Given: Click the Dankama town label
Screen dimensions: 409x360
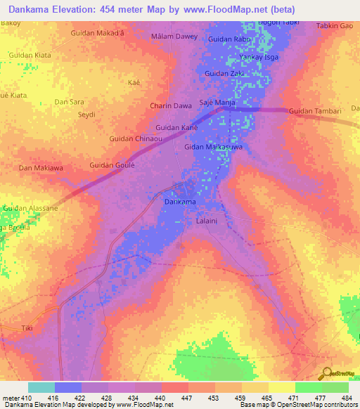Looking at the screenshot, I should (179, 202).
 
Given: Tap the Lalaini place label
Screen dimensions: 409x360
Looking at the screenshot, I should (208, 220).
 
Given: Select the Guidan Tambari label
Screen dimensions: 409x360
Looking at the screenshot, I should (314, 111).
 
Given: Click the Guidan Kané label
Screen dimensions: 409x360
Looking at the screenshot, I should (176, 127).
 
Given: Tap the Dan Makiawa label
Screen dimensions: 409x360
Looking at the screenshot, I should (40, 168).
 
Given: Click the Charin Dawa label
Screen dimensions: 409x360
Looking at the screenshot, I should (171, 106).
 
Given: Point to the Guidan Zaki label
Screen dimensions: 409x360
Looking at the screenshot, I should (224, 73).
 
